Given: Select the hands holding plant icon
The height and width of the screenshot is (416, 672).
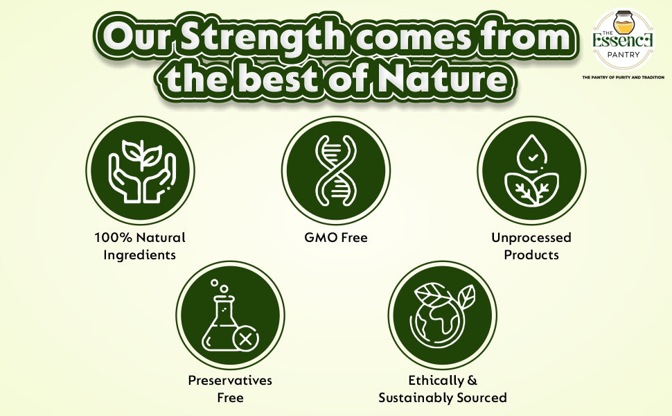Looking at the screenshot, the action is (x=140, y=171).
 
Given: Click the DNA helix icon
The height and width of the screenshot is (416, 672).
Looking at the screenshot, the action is (x=336, y=171).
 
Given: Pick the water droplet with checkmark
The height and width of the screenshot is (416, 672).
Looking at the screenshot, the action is (x=532, y=153).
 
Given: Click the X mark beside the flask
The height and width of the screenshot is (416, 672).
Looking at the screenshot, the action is (x=245, y=340).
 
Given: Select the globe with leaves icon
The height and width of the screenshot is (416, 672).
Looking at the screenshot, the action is (x=442, y=315).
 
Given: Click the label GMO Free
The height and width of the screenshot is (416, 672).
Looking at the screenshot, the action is (x=336, y=238).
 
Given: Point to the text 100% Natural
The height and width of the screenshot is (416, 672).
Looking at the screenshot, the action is (x=140, y=238).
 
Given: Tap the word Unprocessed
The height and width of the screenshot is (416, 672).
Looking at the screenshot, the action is (x=531, y=238).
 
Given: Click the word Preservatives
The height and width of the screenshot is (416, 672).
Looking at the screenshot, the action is (x=230, y=381).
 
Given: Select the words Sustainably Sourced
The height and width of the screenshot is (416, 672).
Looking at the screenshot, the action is (x=443, y=398).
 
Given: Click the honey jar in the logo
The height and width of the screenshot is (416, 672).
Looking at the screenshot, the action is (x=624, y=24).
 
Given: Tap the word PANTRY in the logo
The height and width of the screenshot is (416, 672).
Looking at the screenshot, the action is (x=624, y=55).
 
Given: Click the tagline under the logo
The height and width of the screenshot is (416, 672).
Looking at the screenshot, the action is (x=623, y=78).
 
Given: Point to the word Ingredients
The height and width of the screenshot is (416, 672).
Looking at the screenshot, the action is (x=140, y=255).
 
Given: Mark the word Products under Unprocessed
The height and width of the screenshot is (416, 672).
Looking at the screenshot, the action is (x=531, y=254).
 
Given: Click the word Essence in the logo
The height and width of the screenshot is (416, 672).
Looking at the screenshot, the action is (x=623, y=42).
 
